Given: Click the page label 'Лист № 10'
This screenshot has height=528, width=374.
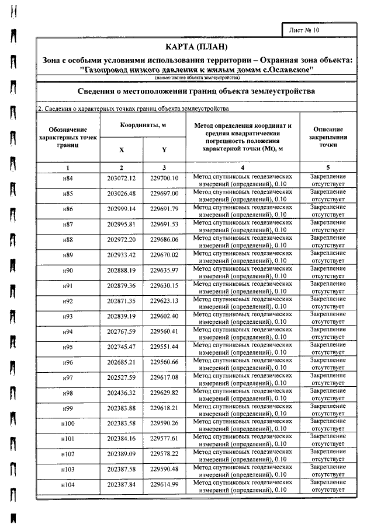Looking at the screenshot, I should click(x=305, y=29).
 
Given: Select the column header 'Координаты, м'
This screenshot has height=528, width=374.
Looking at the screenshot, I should click(x=143, y=125).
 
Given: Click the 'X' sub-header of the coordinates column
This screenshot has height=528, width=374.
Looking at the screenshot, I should click(x=122, y=149).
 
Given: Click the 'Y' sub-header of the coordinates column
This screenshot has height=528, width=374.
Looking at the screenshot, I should click(x=164, y=149).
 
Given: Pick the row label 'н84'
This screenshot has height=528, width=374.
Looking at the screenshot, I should click(x=68, y=179).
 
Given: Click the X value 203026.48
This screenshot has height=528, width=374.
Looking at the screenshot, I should click(x=122, y=194).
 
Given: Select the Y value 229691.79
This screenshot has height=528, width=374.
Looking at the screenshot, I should click(x=164, y=209).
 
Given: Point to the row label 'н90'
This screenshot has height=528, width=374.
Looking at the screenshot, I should click(x=68, y=270).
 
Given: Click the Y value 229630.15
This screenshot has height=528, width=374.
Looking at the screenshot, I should click(x=164, y=285).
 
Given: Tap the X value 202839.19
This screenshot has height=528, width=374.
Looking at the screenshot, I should click(x=122, y=316).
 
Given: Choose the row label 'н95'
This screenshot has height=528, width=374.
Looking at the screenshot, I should click(x=68, y=347).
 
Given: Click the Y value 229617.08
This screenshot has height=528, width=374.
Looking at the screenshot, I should click(x=164, y=377).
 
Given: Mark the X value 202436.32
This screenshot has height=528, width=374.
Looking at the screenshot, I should click(x=122, y=393).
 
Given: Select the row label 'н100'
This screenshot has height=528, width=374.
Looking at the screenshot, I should click(x=68, y=424).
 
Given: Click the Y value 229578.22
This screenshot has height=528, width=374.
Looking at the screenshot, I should click(x=164, y=454).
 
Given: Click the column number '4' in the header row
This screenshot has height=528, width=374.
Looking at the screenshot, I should click(x=243, y=167).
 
